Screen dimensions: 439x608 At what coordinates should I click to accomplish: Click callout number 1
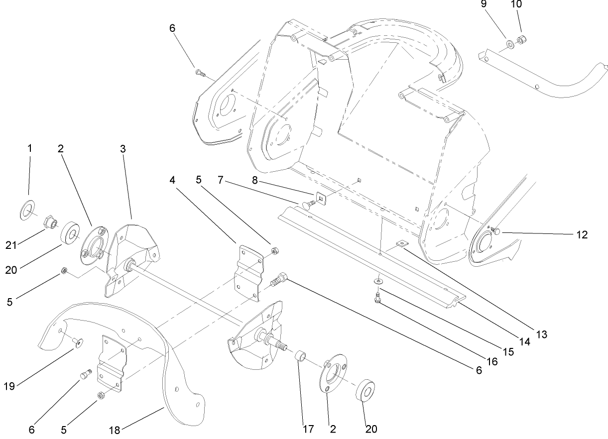pos(29,148)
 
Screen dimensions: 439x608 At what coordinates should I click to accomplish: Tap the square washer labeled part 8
pos(322,199)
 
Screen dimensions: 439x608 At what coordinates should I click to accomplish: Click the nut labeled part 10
pos(522,39)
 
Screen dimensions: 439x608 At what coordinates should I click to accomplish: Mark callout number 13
pos(542,334)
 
